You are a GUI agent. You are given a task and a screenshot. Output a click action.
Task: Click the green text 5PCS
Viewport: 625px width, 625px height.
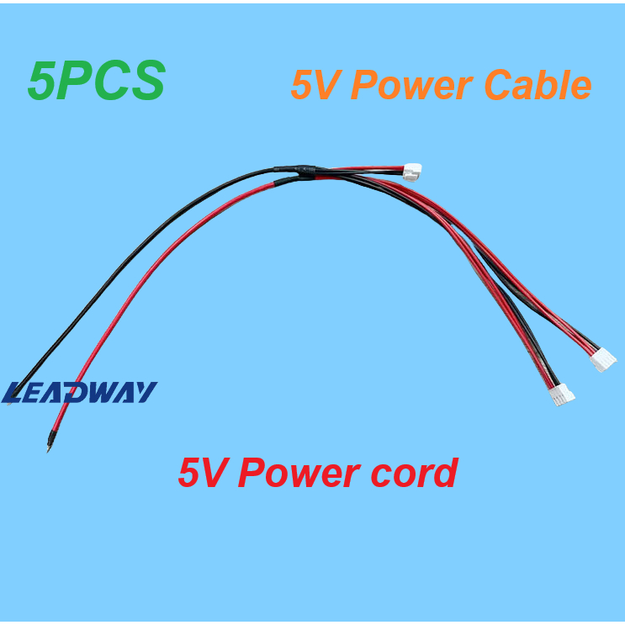click(x=96, y=82)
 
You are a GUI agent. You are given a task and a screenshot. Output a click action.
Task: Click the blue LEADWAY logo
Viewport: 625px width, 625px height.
click(x=80, y=392)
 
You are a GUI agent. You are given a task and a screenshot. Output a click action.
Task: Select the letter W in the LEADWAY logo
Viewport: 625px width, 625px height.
click(x=107, y=392)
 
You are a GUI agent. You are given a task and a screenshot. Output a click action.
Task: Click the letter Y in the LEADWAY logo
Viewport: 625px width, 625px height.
click(x=145, y=392)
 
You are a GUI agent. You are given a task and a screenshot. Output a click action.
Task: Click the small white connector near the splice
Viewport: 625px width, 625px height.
click(x=411, y=172)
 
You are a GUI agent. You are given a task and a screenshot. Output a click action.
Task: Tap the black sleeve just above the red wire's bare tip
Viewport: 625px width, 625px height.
click(x=51, y=435)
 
